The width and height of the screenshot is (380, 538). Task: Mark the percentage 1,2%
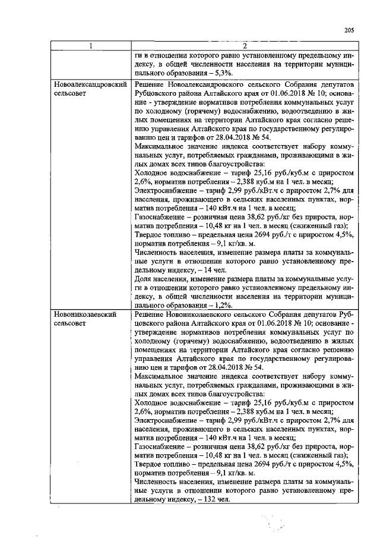pos(219,304)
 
